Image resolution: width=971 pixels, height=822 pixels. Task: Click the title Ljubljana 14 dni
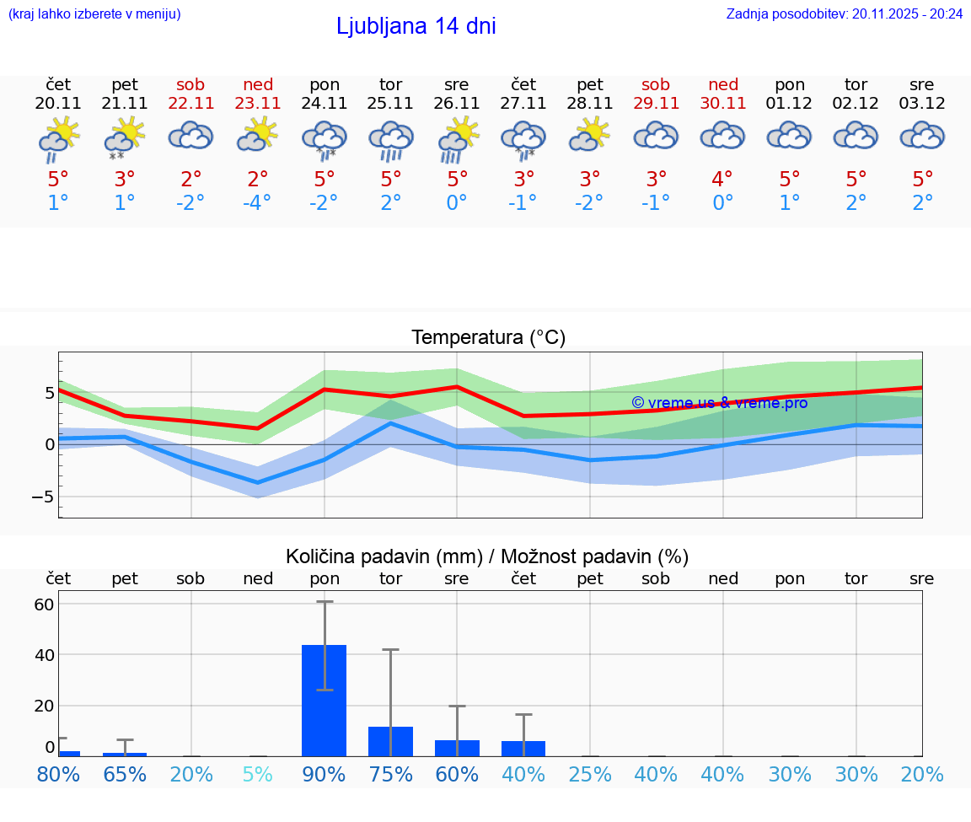(416, 26)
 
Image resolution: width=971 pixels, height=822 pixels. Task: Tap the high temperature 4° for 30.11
(722, 180)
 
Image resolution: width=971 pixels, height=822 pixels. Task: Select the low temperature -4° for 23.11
(258, 203)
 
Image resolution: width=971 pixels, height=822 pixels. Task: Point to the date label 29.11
(656, 104)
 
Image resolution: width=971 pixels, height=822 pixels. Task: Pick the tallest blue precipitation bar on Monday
(325, 700)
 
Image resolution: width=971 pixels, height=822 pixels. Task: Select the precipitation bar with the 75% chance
(391, 741)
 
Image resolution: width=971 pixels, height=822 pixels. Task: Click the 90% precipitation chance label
(325, 774)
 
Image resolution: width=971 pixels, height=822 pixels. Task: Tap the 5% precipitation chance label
(258, 774)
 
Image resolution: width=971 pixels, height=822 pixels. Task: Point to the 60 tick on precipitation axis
(44, 604)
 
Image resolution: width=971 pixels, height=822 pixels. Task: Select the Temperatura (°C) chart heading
(488, 338)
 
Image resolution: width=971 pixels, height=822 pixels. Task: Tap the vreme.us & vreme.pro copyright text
(719, 403)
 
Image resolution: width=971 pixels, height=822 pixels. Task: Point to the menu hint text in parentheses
(94, 13)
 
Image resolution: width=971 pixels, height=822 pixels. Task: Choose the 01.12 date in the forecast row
(789, 104)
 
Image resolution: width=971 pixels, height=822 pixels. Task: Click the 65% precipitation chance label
(125, 774)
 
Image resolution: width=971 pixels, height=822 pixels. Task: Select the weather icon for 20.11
(58, 139)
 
